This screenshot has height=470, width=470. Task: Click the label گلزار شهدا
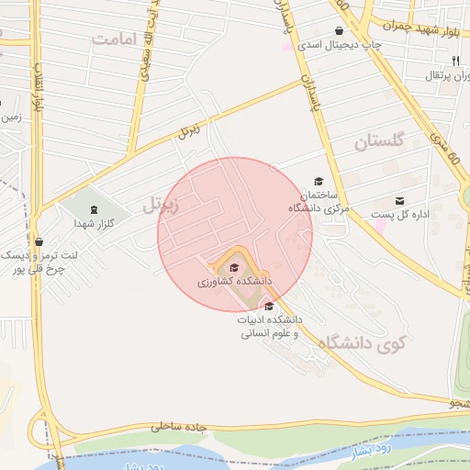94,223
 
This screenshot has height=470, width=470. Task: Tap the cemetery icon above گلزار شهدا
94,209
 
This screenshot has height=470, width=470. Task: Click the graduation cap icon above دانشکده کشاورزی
234,267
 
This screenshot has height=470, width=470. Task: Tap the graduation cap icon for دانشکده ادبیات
268,306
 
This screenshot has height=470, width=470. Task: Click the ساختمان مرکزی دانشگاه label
314,202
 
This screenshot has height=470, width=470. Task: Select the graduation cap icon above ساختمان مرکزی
319,182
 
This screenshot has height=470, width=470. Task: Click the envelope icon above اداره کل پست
399,200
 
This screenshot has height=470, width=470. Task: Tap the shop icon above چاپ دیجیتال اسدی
339,30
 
